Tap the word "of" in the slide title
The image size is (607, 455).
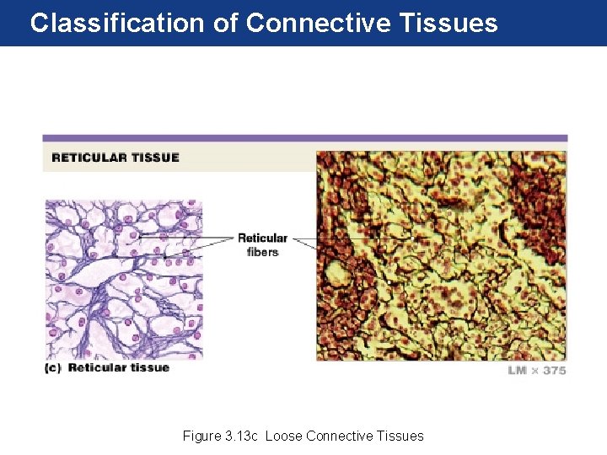click(x=225, y=23)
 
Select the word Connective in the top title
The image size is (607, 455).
click(x=317, y=23)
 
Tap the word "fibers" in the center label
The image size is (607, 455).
click(x=262, y=252)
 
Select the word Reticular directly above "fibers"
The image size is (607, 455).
click(x=262, y=238)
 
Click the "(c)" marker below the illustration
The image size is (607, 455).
click(x=54, y=367)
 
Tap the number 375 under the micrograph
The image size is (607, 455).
click(x=553, y=371)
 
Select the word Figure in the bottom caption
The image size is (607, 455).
click(x=201, y=436)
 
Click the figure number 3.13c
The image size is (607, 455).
click(x=241, y=436)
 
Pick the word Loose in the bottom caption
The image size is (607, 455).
click(x=284, y=436)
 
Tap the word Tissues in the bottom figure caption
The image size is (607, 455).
click(x=400, y=436)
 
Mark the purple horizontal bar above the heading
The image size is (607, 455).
click(x=304, y=138)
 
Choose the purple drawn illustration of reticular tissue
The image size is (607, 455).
click(x=123, y=278)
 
